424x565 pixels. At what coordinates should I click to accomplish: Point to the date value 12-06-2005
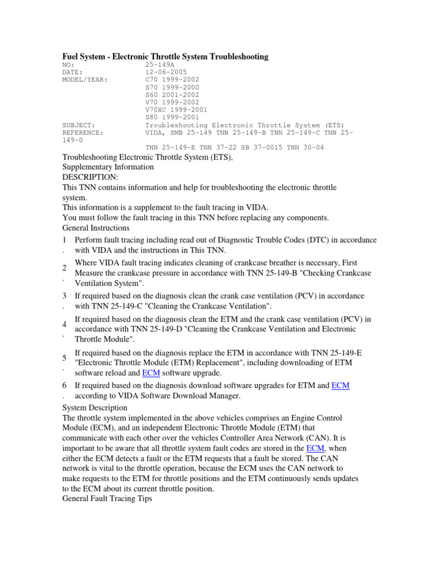coord(166,72)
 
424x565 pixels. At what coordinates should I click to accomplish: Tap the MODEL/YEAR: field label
coord(86,79)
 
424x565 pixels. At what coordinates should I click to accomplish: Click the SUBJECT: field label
coord(79,125)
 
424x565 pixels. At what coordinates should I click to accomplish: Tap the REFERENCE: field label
coord(83,132)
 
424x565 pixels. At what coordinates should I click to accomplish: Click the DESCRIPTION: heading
coord(90,177)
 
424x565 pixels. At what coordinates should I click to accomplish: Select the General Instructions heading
coord(96,227)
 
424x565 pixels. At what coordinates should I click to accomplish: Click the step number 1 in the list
coord(65,240)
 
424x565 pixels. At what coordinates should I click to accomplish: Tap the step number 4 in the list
coord(65,324)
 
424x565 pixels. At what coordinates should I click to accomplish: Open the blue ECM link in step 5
coord(151,373)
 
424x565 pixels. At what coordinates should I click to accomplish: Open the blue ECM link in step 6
coord(340,386)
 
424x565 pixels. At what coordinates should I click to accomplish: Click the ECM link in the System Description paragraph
coord(314,449)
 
